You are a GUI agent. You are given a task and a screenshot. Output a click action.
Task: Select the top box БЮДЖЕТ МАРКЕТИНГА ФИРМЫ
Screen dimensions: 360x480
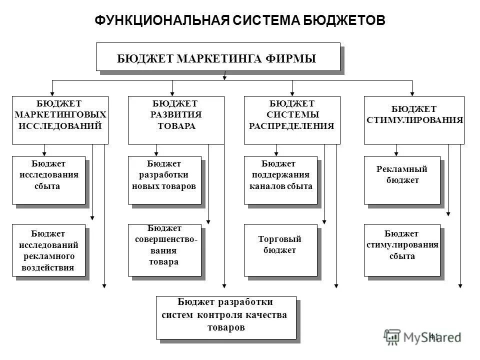218,57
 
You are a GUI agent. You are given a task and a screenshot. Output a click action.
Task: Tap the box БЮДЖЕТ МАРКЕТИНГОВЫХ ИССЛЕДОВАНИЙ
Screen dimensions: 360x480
60,120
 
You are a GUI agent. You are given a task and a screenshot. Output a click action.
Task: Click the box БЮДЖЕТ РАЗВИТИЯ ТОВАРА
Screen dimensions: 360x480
176,120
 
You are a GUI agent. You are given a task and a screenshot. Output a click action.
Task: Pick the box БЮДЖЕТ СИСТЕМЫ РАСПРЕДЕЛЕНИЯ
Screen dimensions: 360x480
292,120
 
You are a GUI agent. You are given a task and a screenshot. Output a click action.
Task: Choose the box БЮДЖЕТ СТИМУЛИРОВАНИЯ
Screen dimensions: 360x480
414,120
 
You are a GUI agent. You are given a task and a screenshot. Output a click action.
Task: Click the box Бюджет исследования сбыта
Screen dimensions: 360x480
48,180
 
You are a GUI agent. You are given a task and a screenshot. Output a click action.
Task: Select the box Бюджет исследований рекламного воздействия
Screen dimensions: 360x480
48,250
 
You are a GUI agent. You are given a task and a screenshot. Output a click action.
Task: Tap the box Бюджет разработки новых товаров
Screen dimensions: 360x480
164,180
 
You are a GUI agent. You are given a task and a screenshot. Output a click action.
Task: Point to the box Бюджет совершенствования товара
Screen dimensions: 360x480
164,250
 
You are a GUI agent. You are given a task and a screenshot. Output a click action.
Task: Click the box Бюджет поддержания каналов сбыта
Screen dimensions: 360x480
280,180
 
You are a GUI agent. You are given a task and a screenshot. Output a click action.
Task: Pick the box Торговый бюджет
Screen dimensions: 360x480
280,250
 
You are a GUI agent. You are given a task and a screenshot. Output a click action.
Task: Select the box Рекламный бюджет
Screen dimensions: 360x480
402,180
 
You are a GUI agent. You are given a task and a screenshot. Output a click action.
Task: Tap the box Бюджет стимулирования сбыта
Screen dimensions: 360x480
402,250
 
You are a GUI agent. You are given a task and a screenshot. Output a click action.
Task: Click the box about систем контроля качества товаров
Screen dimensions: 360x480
226,317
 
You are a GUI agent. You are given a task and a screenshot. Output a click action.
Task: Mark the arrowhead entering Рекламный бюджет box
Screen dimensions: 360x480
396,153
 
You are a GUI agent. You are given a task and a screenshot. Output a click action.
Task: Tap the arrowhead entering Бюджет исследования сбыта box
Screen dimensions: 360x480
44,153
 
